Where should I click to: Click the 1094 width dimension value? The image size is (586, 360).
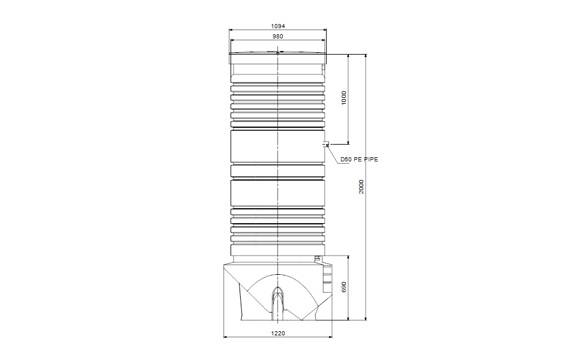coord(277,26)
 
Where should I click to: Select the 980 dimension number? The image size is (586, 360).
coord(277,37)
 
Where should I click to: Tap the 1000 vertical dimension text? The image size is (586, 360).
coord(344,98)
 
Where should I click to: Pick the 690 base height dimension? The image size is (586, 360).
coord(344,287)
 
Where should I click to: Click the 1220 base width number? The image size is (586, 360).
coord(277,333)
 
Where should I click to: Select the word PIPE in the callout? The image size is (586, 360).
coord(369,160)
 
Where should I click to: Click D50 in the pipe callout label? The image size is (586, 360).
coord(346,160)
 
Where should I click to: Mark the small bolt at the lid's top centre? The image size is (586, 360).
coord(277,53)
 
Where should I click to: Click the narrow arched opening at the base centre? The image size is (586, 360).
coord(277,300)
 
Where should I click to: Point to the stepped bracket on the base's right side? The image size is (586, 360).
coord(327,278)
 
